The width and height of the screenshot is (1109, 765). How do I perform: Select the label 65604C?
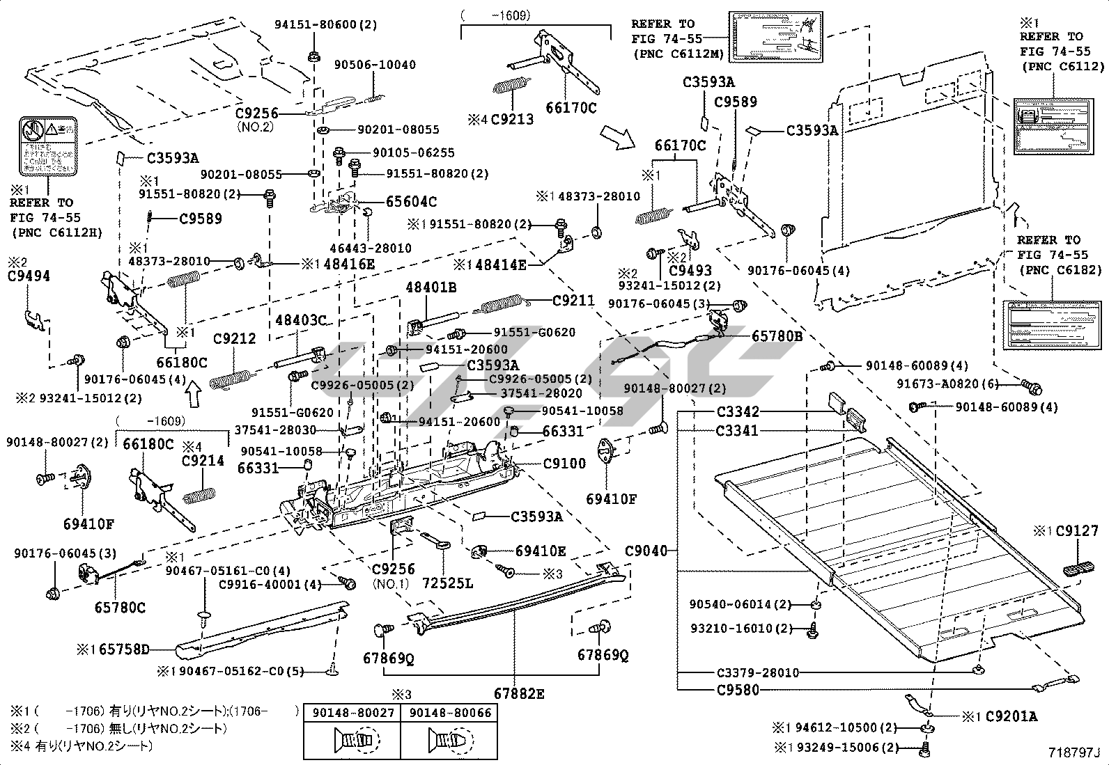[x=412, y=202]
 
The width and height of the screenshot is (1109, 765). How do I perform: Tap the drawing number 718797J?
[x=1073, y=752]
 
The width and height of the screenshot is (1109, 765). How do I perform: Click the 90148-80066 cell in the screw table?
[x=450, y=713]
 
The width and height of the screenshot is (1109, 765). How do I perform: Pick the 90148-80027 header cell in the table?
[x=353, y=713]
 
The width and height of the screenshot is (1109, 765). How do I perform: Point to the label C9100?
[x=564, y=463]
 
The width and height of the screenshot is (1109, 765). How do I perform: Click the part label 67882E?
[x=519, y=693]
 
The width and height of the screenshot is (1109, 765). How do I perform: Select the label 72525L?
[x=447, y=583]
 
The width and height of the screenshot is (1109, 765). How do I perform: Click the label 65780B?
[x=777, y=336]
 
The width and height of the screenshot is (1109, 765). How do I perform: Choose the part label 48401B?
[x=431, y=287]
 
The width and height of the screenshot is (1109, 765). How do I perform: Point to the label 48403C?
[x=301, y=320]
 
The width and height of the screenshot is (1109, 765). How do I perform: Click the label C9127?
[x=1076, y=531]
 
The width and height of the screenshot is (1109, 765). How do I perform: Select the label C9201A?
[x=1011, y=716]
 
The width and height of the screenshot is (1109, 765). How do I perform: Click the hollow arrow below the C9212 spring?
[x=193, y=395]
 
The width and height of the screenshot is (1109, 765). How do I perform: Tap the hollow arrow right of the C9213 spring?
[x=616, y=136]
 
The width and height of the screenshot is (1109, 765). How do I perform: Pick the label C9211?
[x=573, y=301]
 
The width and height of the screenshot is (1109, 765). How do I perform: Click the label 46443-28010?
[x=371, y=248]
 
